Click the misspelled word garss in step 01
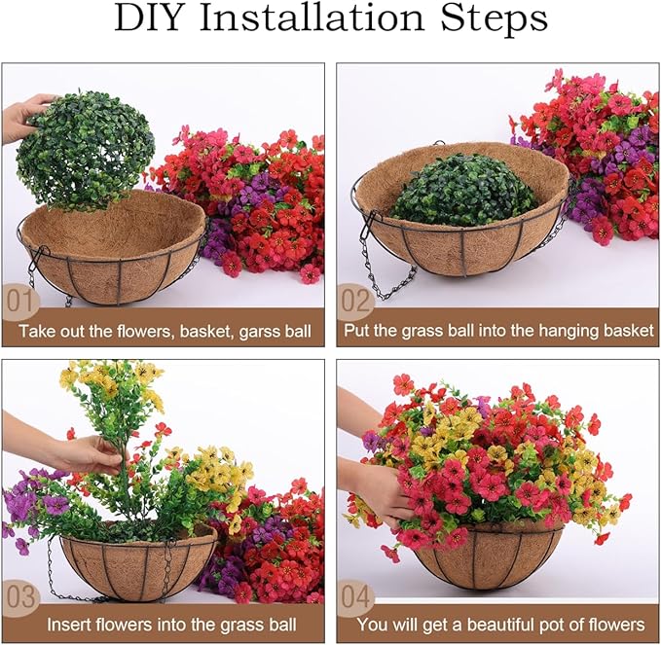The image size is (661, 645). click(x=242, y=332)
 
